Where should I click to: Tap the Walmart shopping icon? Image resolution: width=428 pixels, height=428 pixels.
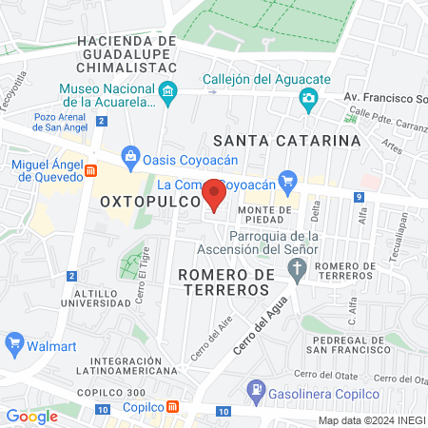pyautogui.click(x=14, y=342)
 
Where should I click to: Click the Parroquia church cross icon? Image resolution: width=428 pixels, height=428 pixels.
pyautogui.click(x=298, y=271)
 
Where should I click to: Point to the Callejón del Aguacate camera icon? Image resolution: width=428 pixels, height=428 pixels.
pyautogui.click(x=308, y=97)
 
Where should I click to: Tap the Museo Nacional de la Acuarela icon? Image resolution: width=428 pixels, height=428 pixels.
pyautogui.click(x=169, y=93)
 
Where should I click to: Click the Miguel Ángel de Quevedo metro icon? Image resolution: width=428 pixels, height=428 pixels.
pyautogui.click(x=91, y=170)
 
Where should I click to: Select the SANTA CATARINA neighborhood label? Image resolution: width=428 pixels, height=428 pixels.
pyautogui.click(x=287, y=140)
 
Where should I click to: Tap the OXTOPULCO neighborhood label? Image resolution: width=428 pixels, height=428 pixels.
pyautogui.click(x=149, y=202)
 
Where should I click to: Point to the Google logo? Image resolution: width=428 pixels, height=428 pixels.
pyautogui.click(x=32, y=416)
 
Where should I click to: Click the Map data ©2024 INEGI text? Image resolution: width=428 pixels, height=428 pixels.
pyautogui.click(x=371, y=420)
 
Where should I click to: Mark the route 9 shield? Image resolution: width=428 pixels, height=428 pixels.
pyautogui.click(x=359, y=197)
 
